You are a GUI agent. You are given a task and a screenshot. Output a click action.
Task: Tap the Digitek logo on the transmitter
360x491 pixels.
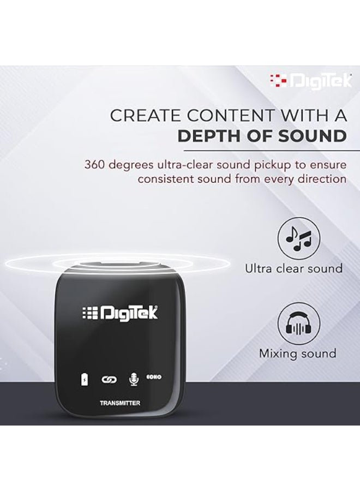[120, 313]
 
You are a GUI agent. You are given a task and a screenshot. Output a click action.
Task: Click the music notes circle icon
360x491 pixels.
[298, 238]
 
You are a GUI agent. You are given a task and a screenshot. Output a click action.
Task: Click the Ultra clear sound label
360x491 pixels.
[293, 268]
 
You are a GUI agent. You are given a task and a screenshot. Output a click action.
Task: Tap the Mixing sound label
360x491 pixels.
[297, 354]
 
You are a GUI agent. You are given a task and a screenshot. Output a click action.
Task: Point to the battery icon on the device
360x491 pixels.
[85, 379]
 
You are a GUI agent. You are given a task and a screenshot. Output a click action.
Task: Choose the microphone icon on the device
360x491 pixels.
[131, 379]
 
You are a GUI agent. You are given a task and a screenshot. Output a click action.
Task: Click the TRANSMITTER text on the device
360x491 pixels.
[120, 403]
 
